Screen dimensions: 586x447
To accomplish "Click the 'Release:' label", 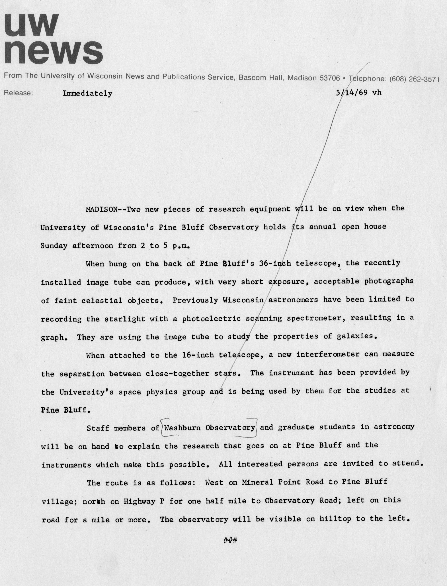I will pos(19,93).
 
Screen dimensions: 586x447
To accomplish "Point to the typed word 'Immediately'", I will pos(87,93).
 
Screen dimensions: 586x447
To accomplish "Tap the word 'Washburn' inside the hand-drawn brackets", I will pos(182,428).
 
